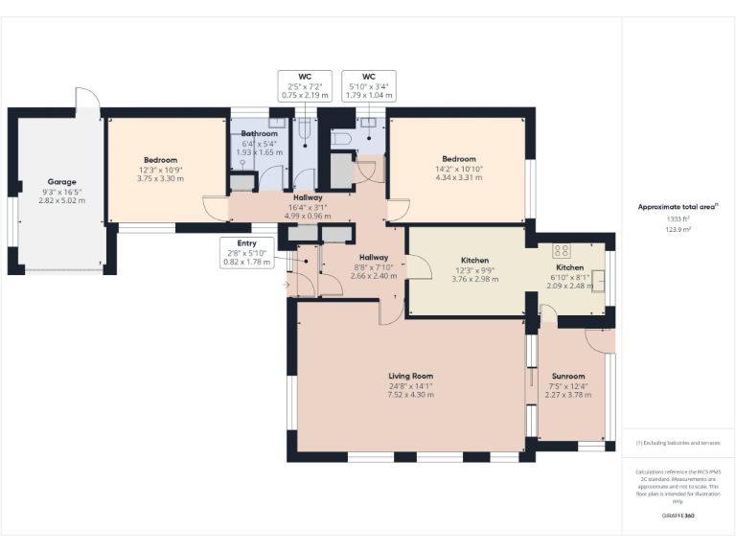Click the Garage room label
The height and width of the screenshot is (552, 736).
tap(62, 181)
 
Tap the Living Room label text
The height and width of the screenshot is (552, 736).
tap(410, 376)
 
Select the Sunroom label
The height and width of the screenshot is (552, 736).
tap(569, 377)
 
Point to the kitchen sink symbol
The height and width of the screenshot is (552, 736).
tap(598, 279)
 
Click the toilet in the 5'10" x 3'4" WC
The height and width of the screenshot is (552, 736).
tap(342, 139)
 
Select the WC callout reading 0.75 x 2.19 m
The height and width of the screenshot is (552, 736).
tap(305, 84)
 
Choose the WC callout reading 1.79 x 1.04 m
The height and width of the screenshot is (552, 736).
tap(368, 84)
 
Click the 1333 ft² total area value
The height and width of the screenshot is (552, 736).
tap(678, 219)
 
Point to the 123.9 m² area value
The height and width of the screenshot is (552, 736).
tap(678, 230)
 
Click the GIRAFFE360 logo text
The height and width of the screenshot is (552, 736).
tap(678, 517)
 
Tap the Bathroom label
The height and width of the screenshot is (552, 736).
tap(259, 134)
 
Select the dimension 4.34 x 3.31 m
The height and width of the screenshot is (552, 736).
tap(459, 176)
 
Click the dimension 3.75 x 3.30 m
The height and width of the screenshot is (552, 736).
tap(161, 177)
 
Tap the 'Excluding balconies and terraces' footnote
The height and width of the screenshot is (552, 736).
tap(678, 444)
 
